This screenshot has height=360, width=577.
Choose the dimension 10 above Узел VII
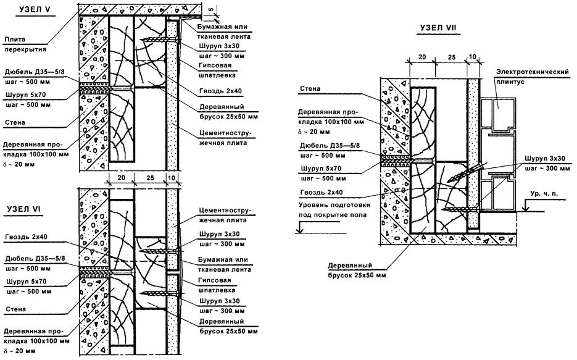pyautogui.click(x=473, y=57)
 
